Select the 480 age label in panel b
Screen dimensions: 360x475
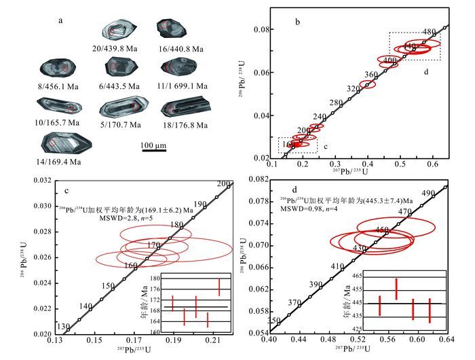click(429, 32)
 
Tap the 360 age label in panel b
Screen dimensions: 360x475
click(370, 75)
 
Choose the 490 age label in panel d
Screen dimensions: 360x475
click(428, 194)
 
